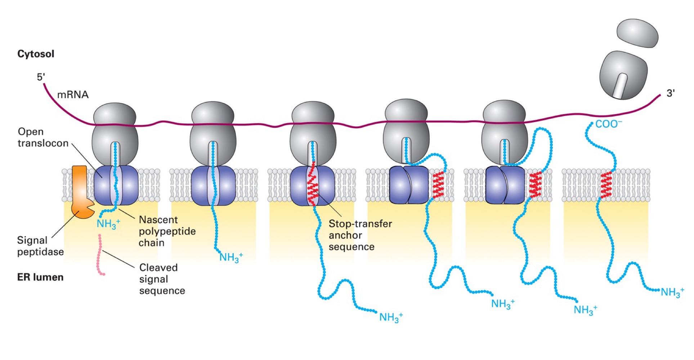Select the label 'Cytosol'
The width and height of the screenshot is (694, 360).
tap(36, 54)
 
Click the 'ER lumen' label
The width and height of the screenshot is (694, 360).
tap(40, 277)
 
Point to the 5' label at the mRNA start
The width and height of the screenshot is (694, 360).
tap(41, 77)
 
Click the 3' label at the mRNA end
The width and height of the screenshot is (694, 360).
tap(670, 93)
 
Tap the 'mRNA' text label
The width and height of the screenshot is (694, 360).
tap(73, 95)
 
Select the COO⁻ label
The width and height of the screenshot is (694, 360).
tap(608, 124)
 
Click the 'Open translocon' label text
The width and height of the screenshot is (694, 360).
tap(43, 138)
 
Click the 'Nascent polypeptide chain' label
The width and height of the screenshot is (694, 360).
tap(167, 231)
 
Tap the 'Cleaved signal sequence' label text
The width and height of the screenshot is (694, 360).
tap(162, 279)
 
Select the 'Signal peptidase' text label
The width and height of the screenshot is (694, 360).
tap(40, 246)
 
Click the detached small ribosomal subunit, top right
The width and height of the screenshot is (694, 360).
tap(637, 33)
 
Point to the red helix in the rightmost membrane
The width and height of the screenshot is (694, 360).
tap(606, 185)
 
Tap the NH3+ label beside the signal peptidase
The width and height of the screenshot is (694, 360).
tap(108, 224)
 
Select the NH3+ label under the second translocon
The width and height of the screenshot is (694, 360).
tap(231, 257)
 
